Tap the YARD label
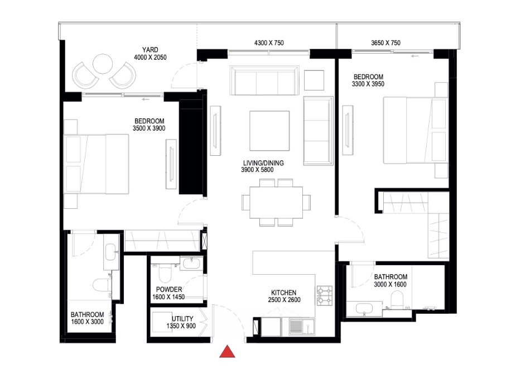point(150,50)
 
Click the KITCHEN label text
point(283,293)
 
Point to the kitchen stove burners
point(325,295)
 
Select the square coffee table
point(269,130)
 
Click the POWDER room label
point(169,289)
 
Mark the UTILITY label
point(182,318)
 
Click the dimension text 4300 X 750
point(269,43)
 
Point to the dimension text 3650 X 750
point(385,43)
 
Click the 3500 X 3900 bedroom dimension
point(149,128)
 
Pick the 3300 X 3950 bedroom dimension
point(368,84)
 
